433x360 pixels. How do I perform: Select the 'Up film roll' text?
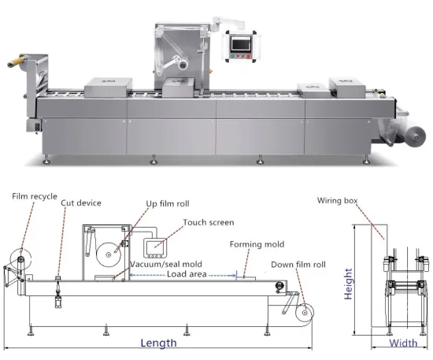point(167,204)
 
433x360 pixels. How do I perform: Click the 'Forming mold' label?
point(257,244)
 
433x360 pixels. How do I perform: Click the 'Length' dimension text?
point(157,343)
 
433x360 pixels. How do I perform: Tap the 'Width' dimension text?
point(404,343)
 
